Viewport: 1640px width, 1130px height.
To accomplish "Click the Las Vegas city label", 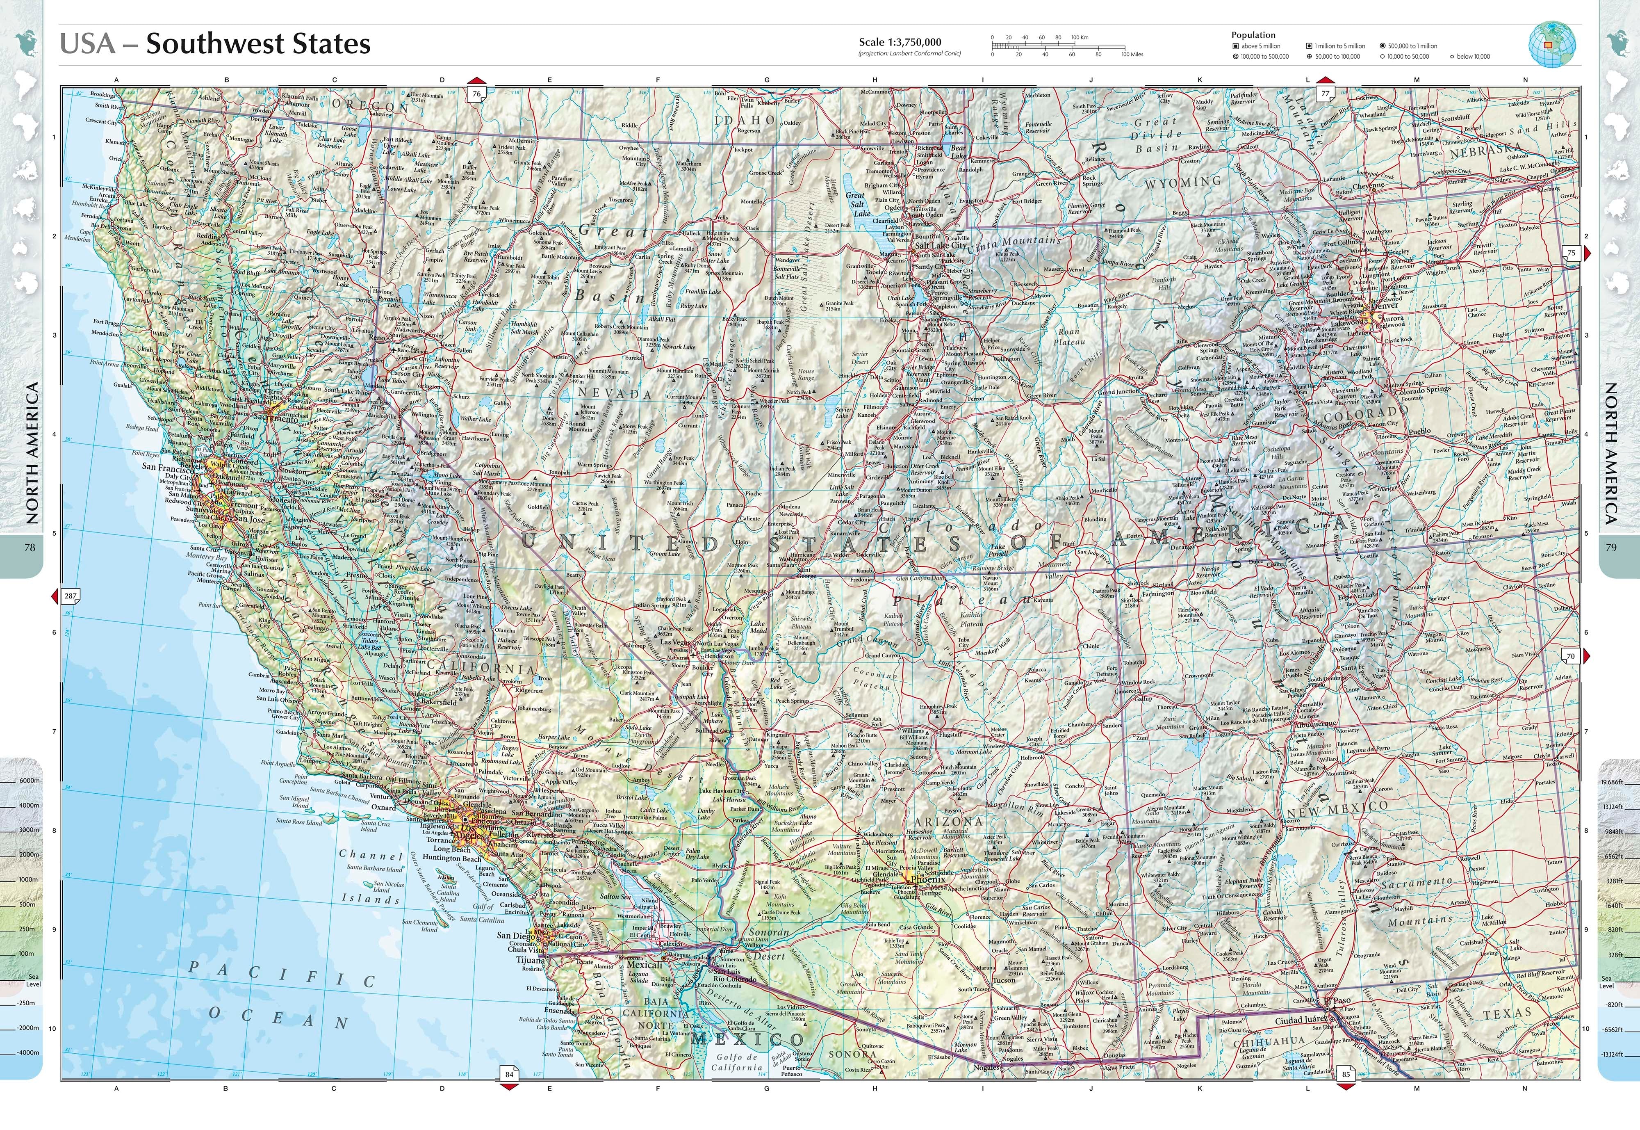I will point(676,642).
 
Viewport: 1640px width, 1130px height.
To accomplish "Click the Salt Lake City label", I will point(941,246).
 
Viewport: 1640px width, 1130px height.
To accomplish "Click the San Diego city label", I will point(514,935).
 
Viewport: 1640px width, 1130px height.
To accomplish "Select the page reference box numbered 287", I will point(70,596).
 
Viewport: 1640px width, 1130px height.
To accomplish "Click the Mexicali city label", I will point(644,964).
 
